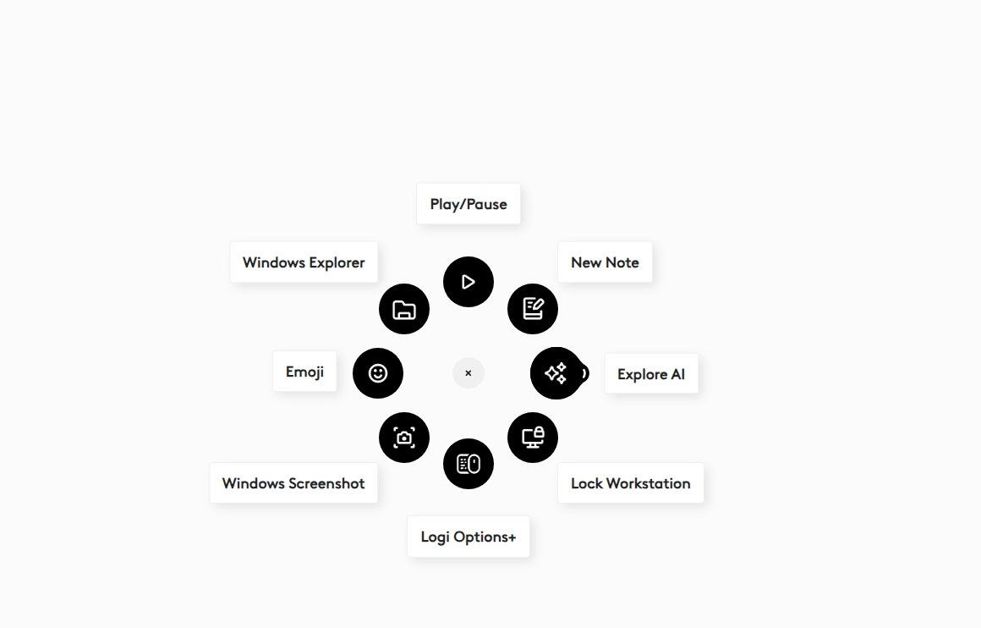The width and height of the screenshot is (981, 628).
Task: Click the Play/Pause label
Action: [x=469, y=204]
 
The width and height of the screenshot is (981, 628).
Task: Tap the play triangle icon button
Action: [x=469, y=282]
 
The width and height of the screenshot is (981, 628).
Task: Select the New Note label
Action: [x=605, y=262]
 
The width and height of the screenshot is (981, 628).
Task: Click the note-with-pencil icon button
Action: [x=533, y=309]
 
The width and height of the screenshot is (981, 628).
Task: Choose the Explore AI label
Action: [x=651, y=374]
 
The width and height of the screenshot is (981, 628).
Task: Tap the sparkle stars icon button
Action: [x=556, y=373]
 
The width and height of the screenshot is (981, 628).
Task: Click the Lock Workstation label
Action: [x=631, y=483]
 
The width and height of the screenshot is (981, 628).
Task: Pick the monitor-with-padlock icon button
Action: [x=533, y=438]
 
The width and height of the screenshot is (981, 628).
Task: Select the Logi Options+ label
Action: [x=469, y=537]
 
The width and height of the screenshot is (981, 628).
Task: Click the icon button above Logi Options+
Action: [x=469, y=464]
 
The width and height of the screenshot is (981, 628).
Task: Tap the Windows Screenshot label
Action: [x=293, y=483]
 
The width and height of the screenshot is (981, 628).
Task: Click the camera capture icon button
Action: [x=404, y=438]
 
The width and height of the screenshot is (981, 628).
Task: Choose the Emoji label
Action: [x=304, y=372]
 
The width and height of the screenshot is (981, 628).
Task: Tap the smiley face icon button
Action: [x=378, y=373]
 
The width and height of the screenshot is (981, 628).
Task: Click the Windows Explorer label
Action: [x=304, y=262]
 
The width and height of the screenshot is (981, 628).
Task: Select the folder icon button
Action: [x=404, y=309]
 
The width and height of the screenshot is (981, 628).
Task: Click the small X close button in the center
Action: [x=469, y=373]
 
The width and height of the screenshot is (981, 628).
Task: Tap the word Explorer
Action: [x=337, y=262]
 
